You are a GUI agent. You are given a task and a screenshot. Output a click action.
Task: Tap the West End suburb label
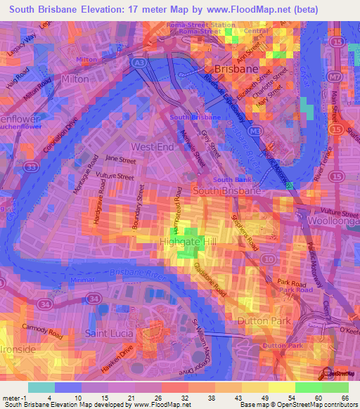click(x=152, y=147)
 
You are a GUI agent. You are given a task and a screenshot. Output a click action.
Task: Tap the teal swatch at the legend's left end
click(x=41, y=387)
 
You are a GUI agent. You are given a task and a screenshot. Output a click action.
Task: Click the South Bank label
click(x=228, y=180)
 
